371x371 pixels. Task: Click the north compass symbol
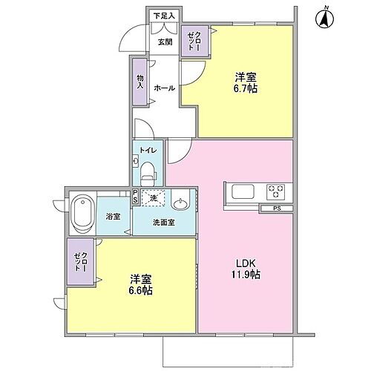pyautogui.click(x=325, y=17)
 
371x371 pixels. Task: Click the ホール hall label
pyautogui.click(x=164, y=88)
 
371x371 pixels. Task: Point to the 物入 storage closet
pyautogui.click(x=139, y=81)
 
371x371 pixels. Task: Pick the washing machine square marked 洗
pyautogui.click(x=154, y=198)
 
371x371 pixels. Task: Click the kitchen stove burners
pyautogui.click(x=278, y=191)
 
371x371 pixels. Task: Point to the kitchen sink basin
pyautogui.click(x=244, y=191)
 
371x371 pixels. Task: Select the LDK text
pyautogui.click(x=247, y=263)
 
